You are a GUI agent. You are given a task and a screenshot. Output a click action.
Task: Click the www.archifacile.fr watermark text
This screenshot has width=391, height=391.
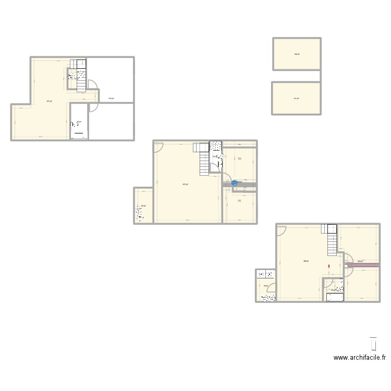coord(360,358)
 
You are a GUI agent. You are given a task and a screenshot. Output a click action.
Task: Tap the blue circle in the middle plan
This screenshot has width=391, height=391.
coord(234,183)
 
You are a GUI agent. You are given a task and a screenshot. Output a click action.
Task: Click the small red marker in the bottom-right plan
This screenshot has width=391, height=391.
coord(329,267)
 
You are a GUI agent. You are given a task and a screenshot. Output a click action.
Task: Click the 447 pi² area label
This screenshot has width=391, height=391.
coord(186,184)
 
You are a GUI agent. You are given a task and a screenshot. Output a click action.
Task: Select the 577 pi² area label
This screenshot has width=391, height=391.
coord(48,101)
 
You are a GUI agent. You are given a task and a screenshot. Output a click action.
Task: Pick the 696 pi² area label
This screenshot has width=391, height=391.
coord(307,261)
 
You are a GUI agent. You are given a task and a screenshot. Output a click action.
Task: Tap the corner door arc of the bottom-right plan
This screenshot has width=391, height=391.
coord(282,229)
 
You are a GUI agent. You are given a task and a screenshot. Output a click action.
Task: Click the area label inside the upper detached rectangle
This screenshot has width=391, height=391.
coord(296,54)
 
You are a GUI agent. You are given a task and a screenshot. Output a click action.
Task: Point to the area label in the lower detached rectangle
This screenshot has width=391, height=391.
coord(296,99)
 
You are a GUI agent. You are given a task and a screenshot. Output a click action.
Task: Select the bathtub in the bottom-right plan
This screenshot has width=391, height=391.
coord(335,298)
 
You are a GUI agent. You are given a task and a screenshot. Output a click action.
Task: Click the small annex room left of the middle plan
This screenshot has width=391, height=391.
coord(143,205)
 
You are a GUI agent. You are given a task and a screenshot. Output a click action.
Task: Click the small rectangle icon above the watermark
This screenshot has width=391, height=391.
coord(373,344)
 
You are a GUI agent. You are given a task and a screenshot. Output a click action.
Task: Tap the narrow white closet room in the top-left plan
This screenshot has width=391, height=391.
coord(79,121)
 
